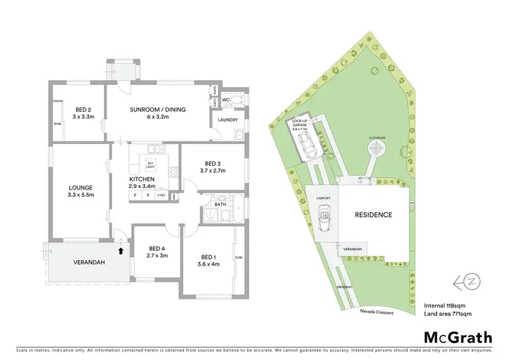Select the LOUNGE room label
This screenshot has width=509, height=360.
[80, 188]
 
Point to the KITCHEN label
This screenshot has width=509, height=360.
[143, 179]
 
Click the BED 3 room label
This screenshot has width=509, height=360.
[213, 164]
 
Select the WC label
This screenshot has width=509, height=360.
[227, 99]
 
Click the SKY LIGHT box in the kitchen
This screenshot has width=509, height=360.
[150, 163]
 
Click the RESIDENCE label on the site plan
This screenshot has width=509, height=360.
[373, 215]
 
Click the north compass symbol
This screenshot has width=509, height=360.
[467, 279]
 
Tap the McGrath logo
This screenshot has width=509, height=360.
[457, 337]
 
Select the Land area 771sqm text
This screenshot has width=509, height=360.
[447, 313]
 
